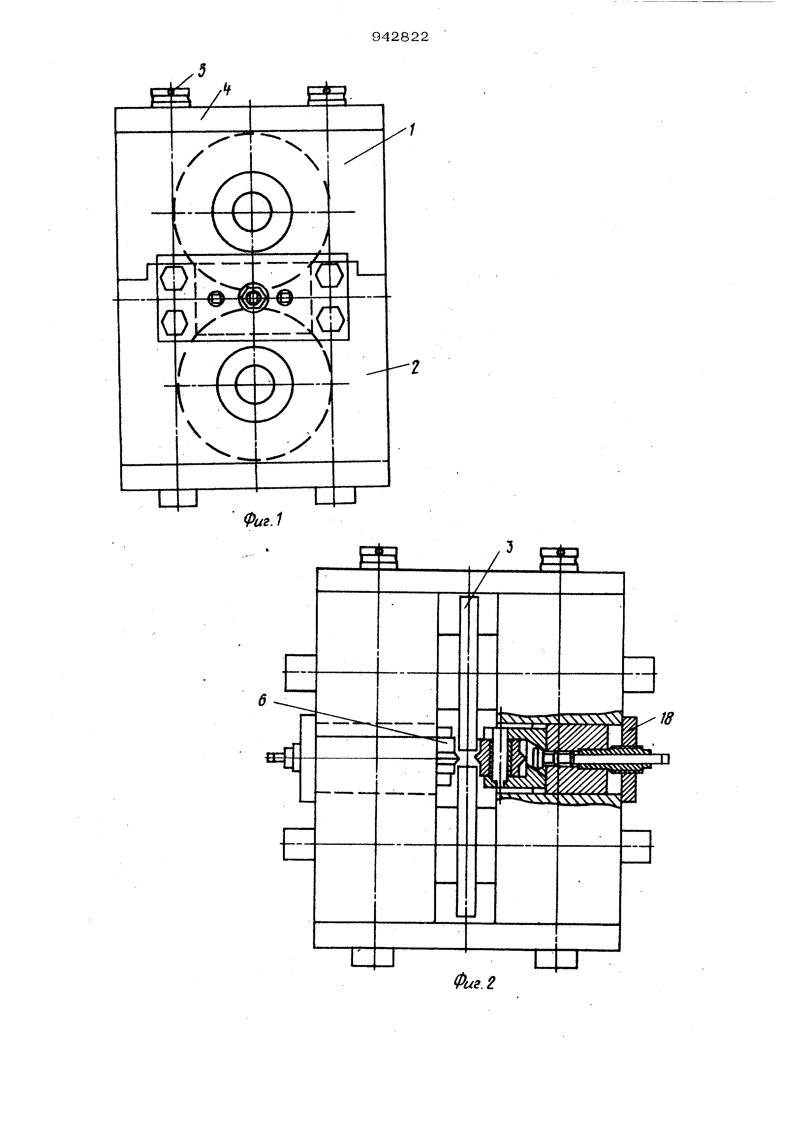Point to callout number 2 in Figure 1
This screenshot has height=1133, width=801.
(415, 367)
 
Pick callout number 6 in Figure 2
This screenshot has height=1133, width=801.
(262, 700)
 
